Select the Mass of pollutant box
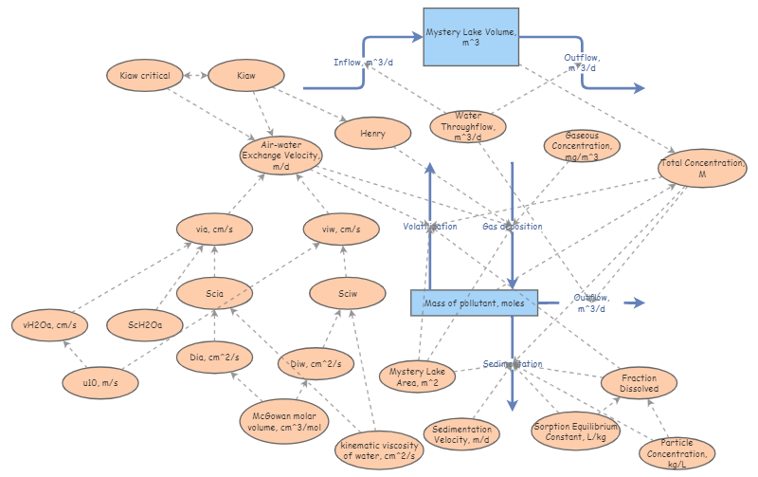click(x=474, y=303)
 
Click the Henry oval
click(x=372, y=134)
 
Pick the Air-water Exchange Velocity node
click(x=280, y=155)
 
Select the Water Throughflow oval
click(x=468, y=126)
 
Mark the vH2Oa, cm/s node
click(x=48, y=324)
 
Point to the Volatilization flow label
click(x=430, y=227)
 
